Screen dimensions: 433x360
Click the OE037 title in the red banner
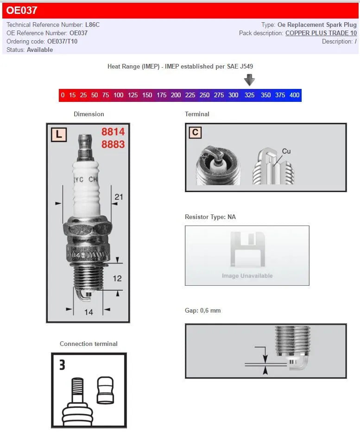click(22, 10)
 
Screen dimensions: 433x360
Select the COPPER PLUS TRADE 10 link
click(321, 33)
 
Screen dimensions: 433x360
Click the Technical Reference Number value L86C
click(92, 25)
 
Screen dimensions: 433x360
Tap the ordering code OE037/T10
click(62, 42)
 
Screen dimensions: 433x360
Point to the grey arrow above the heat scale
click(250, 80)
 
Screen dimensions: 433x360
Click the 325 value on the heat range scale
click(249, 95)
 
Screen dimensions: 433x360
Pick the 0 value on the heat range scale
click(63, 95)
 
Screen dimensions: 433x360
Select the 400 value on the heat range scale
click(294, 95)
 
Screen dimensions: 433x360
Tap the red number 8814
click(113, 132)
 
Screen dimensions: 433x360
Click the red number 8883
click(113, 144)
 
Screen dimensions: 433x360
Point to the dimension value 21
click(119, 197)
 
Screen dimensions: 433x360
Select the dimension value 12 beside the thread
click(117, 278)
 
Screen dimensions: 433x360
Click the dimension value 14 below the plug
click(88, 312)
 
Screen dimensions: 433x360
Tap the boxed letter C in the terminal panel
click(195, 133)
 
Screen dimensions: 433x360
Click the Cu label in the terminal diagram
click(286, 151)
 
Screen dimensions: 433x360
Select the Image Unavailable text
click(247, 276)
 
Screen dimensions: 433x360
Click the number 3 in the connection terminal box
click(62, 365)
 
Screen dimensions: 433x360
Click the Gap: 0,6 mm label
click(202, 311)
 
